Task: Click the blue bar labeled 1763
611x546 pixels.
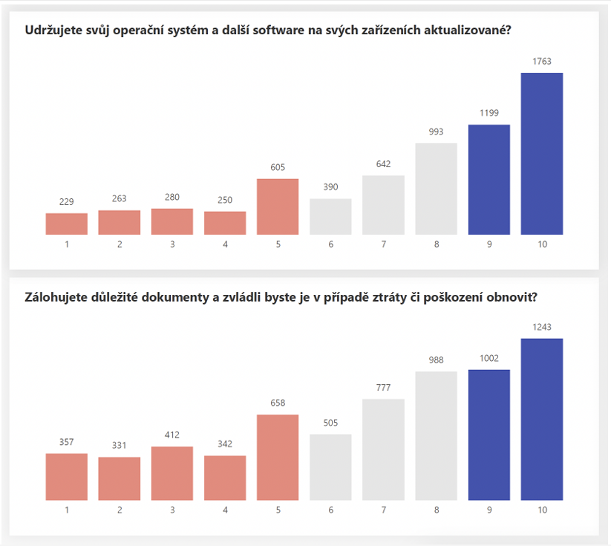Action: tap(542, 154)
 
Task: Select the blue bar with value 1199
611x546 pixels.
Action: tap(489, 180)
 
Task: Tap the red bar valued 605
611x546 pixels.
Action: tap(278, 207)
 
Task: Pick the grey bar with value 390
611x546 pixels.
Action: tap(330, 216)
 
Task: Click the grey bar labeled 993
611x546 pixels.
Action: tap(436, 189)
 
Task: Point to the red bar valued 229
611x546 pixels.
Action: tap(67, 224)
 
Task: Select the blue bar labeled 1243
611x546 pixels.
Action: tap(542, 419)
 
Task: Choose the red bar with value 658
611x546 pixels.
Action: tap(278, 457)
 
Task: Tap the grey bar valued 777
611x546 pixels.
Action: tap(383, 449)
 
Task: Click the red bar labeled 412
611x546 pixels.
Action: tap(172, 473)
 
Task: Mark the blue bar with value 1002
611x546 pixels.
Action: tap(489, 435)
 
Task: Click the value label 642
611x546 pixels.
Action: tap(383, 164)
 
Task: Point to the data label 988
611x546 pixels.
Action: tap(436, 360)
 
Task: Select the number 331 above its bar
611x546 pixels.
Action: tap(120, 446)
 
